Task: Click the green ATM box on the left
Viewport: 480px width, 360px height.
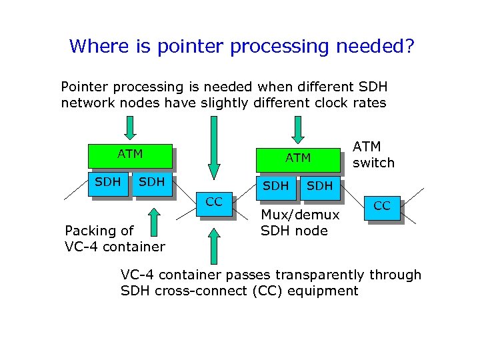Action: click(130, 155)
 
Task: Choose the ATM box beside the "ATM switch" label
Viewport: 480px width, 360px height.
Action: click(298, 158)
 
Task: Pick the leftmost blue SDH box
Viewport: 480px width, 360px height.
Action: click(108, 183)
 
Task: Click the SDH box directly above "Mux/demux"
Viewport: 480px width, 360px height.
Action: click(276, 186)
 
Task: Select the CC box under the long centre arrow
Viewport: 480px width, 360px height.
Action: click(214, 203)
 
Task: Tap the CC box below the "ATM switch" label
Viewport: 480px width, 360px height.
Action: click(382, 207)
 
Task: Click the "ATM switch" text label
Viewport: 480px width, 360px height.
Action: click(373, 154)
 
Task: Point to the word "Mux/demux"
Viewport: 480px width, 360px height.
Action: click(300, 215)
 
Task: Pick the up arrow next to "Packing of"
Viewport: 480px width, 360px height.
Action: click(153, 221)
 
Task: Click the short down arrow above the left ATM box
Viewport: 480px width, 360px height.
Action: click(131, 127)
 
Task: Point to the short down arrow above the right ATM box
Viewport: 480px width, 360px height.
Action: click(298, 127)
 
